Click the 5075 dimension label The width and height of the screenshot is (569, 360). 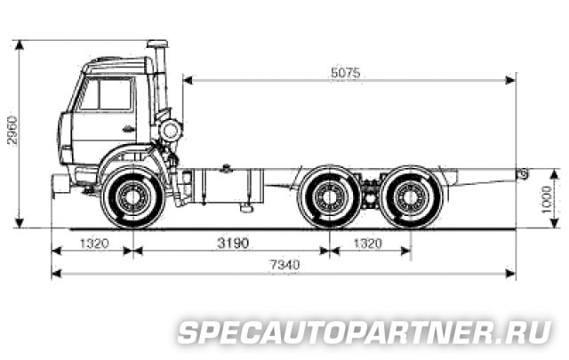click(x=346, y=73)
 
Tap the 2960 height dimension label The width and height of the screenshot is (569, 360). click(x=12, y=131)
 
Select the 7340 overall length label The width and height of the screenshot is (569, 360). click(x=284, y=265)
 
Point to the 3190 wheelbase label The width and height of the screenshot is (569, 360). click(x=233, y=243)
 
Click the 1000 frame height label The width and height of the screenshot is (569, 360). click(x=546, y=200)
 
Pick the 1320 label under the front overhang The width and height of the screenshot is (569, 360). click(x=94, y=243)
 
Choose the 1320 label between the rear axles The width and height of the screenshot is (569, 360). click(x=367, y=243)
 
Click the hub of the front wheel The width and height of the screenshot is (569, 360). click(x=132, y=197)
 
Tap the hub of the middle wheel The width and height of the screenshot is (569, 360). click(x=330, y=197)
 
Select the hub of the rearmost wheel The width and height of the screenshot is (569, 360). click(x=411, y=197)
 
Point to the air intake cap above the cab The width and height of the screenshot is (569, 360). click(x=157, y=44)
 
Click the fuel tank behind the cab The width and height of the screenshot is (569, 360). click(x=228, y=186)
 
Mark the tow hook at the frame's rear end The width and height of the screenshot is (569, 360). click(x=523, y=173)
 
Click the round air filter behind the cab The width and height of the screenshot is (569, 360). click(x=171, y=131)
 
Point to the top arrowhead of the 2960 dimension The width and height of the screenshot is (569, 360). click(x=20, y=45)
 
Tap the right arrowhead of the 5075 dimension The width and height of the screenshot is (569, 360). click(x=510, y=80)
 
